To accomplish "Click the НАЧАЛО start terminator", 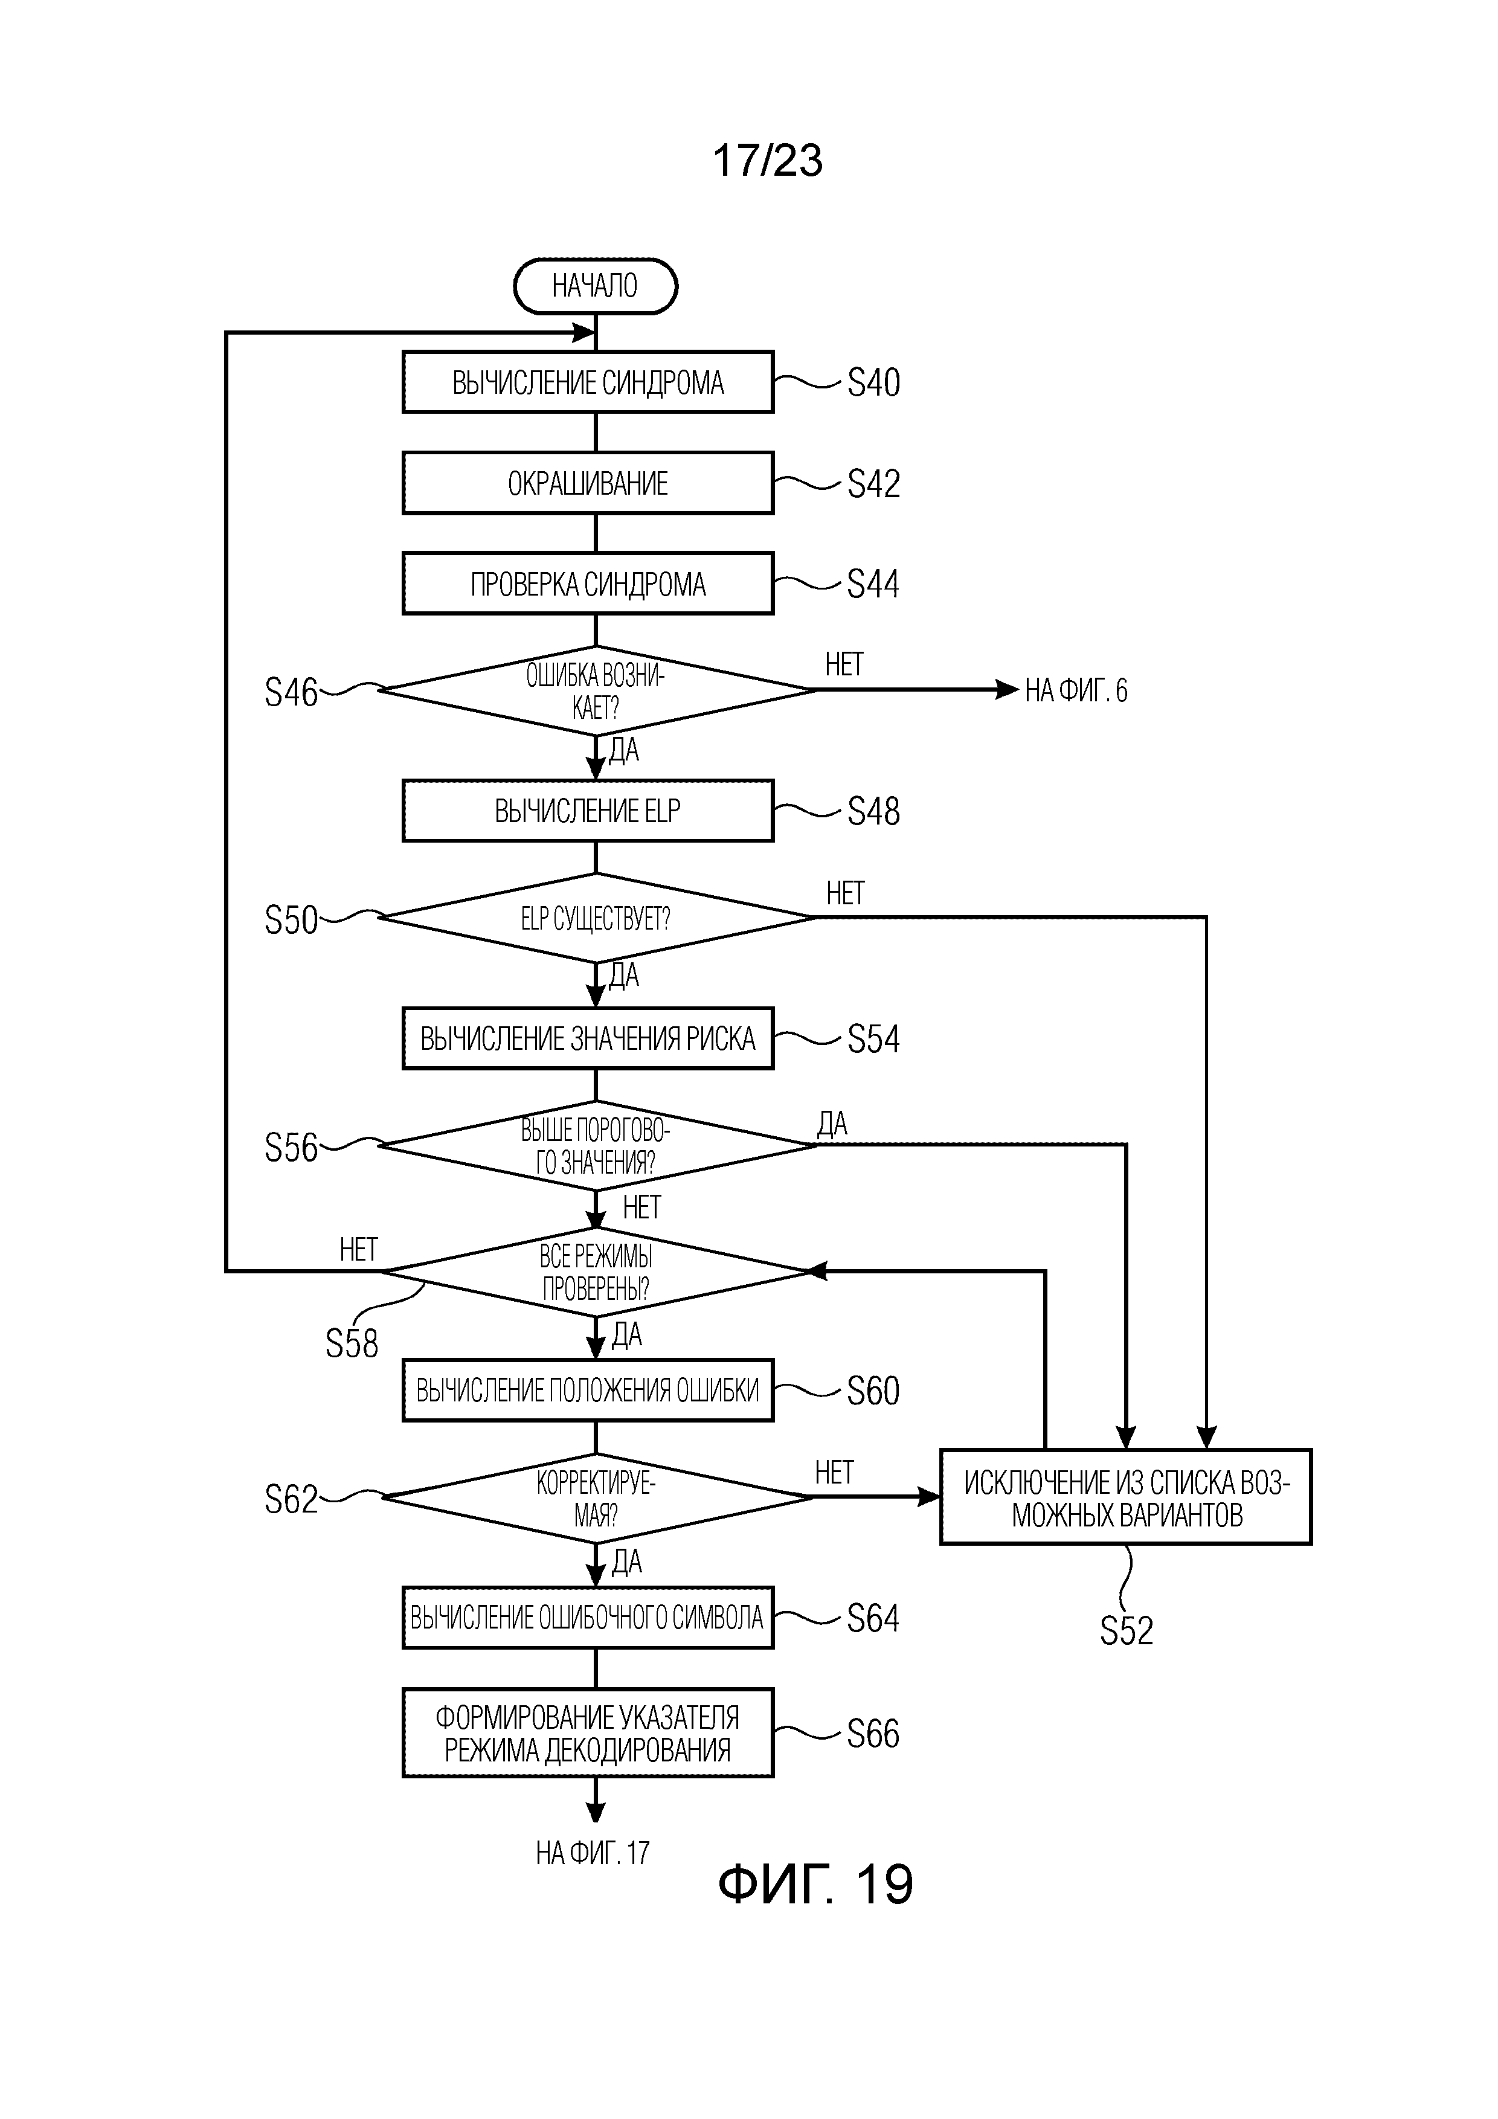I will coord(596,286).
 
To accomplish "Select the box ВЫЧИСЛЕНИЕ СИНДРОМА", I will coord(588,382).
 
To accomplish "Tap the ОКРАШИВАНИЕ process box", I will coord(588,483).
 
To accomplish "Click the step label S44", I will coord(872,584).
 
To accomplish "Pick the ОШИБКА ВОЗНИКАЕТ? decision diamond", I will coord(596,691).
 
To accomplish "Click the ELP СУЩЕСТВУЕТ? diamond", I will coord(596,918).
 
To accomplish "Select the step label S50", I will coord(291,920).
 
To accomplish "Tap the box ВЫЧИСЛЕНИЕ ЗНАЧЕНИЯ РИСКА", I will coord(588,1038).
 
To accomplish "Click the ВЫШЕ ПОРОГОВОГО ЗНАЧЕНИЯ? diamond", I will coord(596,1145).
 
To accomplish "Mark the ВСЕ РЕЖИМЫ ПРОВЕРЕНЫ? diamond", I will coord(596,1272).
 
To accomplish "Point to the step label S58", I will coord(352,1344).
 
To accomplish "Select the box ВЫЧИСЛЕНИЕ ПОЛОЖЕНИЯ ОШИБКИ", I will coord(588,1390).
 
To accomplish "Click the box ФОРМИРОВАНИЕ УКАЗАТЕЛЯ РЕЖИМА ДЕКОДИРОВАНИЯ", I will coord(588,1733).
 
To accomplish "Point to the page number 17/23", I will coord(767,161).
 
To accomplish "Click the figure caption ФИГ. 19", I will coord(815,1883).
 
